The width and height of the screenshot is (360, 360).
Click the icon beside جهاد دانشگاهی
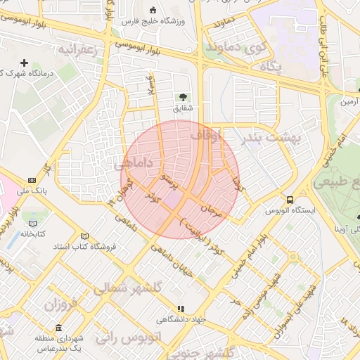pyautogui.click(x=181, y=308)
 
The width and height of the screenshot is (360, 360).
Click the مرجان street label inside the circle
pyautogui.click(x=212, y=208)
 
